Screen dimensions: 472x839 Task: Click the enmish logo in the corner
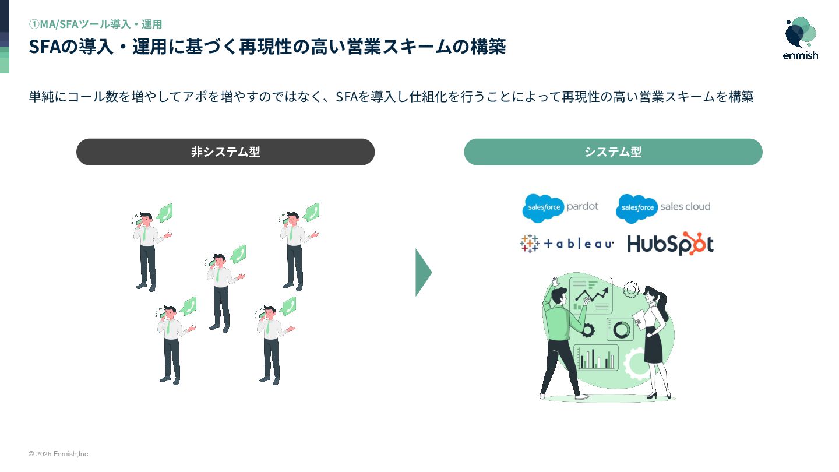click(x=801, y=38)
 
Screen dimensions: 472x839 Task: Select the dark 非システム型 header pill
click(x=225, y=152)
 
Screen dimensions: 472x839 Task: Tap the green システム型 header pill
click(x=613, y=152)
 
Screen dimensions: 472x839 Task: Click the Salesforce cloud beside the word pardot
click(x=543, y=207)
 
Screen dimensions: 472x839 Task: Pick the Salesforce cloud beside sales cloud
click(x=637, y=208)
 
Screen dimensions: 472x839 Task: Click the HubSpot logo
click(x=670, y=244)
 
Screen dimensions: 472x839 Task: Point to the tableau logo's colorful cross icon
click(x=530, y=244)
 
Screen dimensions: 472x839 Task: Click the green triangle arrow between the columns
click(x=423, y=273)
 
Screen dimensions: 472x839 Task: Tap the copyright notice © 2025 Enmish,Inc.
click(x=59, y=454)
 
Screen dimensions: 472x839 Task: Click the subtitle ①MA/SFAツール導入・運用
click(x=96, y=24)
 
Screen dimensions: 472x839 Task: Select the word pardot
click(x=582, y=206)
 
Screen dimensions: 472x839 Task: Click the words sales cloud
click(x=685, y=206)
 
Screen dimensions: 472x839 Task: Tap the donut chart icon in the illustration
click(x=621, y=330)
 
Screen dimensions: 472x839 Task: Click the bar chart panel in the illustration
click(x=596, y=357)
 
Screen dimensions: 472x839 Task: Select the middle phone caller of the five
click(x=221, y=291)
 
